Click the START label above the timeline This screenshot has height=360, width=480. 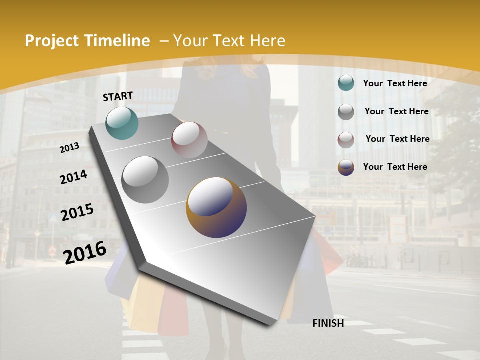pos(118,96)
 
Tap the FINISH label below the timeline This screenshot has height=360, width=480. pos(328,323)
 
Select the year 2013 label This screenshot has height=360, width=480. pos(70,148)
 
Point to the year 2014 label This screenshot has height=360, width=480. pos(74,177)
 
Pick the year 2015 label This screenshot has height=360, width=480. pos(77,212)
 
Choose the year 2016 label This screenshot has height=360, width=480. pos(85,252)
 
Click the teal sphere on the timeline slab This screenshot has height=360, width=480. pos(122,123)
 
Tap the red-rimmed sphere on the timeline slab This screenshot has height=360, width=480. pos(189,140)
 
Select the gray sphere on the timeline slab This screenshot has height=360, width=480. pos(145,180)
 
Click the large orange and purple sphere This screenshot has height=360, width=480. pos(216,207)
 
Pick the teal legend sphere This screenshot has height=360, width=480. pos(346,83)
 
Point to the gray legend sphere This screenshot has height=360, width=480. pos(346,112)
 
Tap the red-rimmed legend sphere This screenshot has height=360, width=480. pos(346,140)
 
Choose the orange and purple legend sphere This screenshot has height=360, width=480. pos(346,167)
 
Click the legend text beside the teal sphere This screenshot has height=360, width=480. pos(395,83)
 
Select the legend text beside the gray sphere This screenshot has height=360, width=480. pos(397,111)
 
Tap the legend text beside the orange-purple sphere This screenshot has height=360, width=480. pos(395,167)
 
